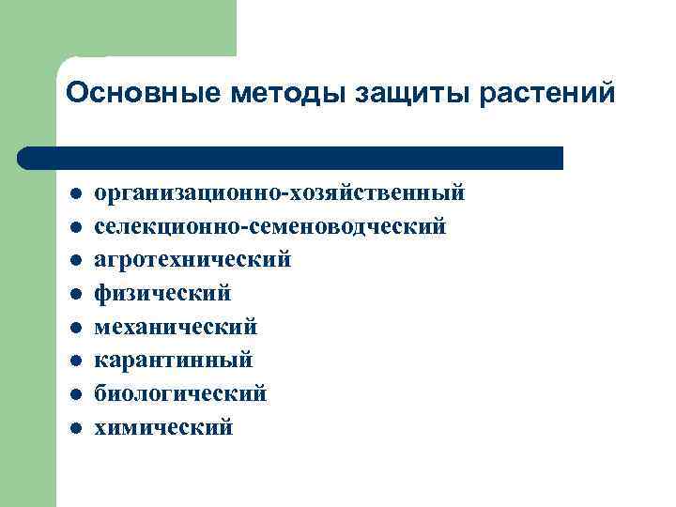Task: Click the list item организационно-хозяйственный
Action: [280, 193]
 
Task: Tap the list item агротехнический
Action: [192, 260]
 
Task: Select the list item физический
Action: [161, 294]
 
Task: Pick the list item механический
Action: [176, 327]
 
